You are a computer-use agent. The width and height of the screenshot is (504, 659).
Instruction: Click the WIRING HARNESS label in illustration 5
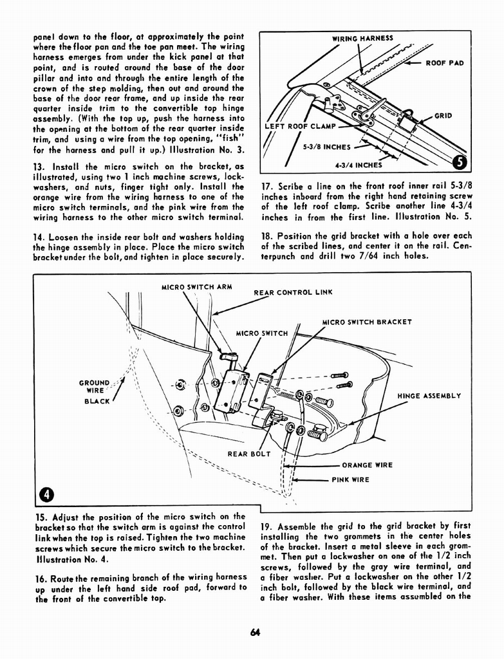[x=362, y=38]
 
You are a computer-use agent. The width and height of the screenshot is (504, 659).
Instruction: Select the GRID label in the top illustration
[x=443, y=116]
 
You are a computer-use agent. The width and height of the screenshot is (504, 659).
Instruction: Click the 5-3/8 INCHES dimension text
[x=327, y=146]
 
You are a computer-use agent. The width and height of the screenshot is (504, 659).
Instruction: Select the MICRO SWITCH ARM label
[x=196, y=286]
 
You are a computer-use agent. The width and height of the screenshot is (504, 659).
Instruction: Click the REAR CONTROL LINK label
[x=293, y=292]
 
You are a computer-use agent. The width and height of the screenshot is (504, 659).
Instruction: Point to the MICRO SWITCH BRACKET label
[x=367, y=322]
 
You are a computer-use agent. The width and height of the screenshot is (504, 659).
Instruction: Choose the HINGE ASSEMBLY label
[x=429, y=396]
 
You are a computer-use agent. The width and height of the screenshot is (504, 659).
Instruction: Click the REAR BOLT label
[x=249, y=454]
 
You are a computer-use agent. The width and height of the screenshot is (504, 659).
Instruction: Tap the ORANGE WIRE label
[x=367, y=465]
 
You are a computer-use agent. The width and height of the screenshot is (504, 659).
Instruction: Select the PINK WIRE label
[x=350, y=479]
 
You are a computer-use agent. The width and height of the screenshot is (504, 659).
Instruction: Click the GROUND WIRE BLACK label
[x=95, y=391]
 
